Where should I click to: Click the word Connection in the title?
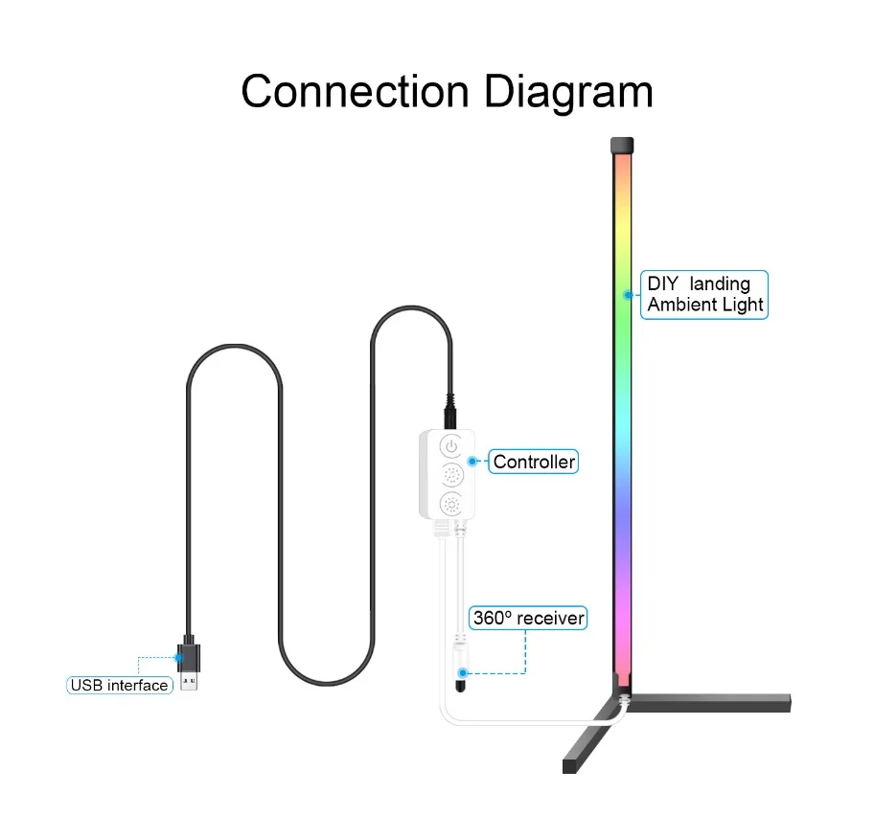[355, 92]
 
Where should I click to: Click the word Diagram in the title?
[568, 92]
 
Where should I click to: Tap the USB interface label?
[120, 685]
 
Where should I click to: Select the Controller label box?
[534, 462]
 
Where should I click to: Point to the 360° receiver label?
[527, 618]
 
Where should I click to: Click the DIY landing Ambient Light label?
[704, 294]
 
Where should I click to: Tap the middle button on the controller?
[450, 475]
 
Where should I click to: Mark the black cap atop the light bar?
[621, 146]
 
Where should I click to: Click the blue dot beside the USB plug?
[178, 658]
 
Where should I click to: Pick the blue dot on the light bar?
[626, 295]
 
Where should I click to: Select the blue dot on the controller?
[472, 462]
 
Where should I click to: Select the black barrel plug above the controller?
[449, 415]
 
